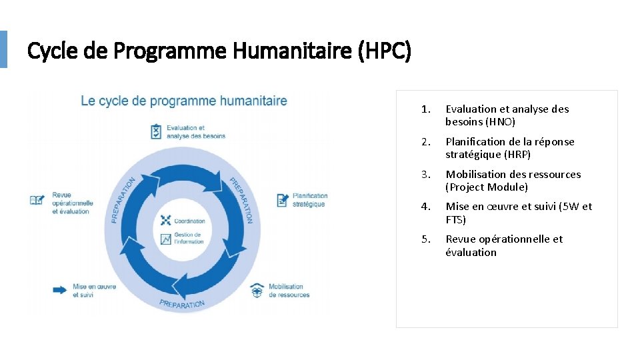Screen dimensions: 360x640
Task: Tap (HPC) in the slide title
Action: (x=385, y=51)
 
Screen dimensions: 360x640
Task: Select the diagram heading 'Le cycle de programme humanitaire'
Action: (x=184, y=101)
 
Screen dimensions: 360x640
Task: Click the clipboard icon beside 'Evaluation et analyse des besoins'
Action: (x=156, y=131)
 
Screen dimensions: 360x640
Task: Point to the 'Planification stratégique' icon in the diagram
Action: (x=282, y=200)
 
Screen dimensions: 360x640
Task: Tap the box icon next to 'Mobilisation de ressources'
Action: (x=257, y=291)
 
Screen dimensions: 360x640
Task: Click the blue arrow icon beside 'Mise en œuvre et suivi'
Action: (x=60, y=290)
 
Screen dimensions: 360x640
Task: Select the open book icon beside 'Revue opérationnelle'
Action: (x=37, y=200)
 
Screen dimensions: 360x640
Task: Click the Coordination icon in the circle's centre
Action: (x=166, y=221)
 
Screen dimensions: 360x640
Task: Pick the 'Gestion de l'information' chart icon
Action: (x=166, y=239)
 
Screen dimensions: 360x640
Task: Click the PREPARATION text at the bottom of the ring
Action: (x=182, y=304)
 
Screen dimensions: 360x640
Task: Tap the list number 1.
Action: (x=426, y=109)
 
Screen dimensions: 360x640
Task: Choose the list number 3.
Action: (x=426, y=175)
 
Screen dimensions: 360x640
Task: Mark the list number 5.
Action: (x=426, y=239)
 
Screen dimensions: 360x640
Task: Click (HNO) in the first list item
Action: (x=501, y=122)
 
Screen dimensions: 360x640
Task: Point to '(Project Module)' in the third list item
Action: (x=487, y=187)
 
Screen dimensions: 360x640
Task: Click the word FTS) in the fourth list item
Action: (x=456, y=220)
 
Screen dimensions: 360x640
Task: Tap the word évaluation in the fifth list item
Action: (x=471, y=253)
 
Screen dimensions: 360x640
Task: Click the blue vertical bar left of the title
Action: (x=3, y=49)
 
